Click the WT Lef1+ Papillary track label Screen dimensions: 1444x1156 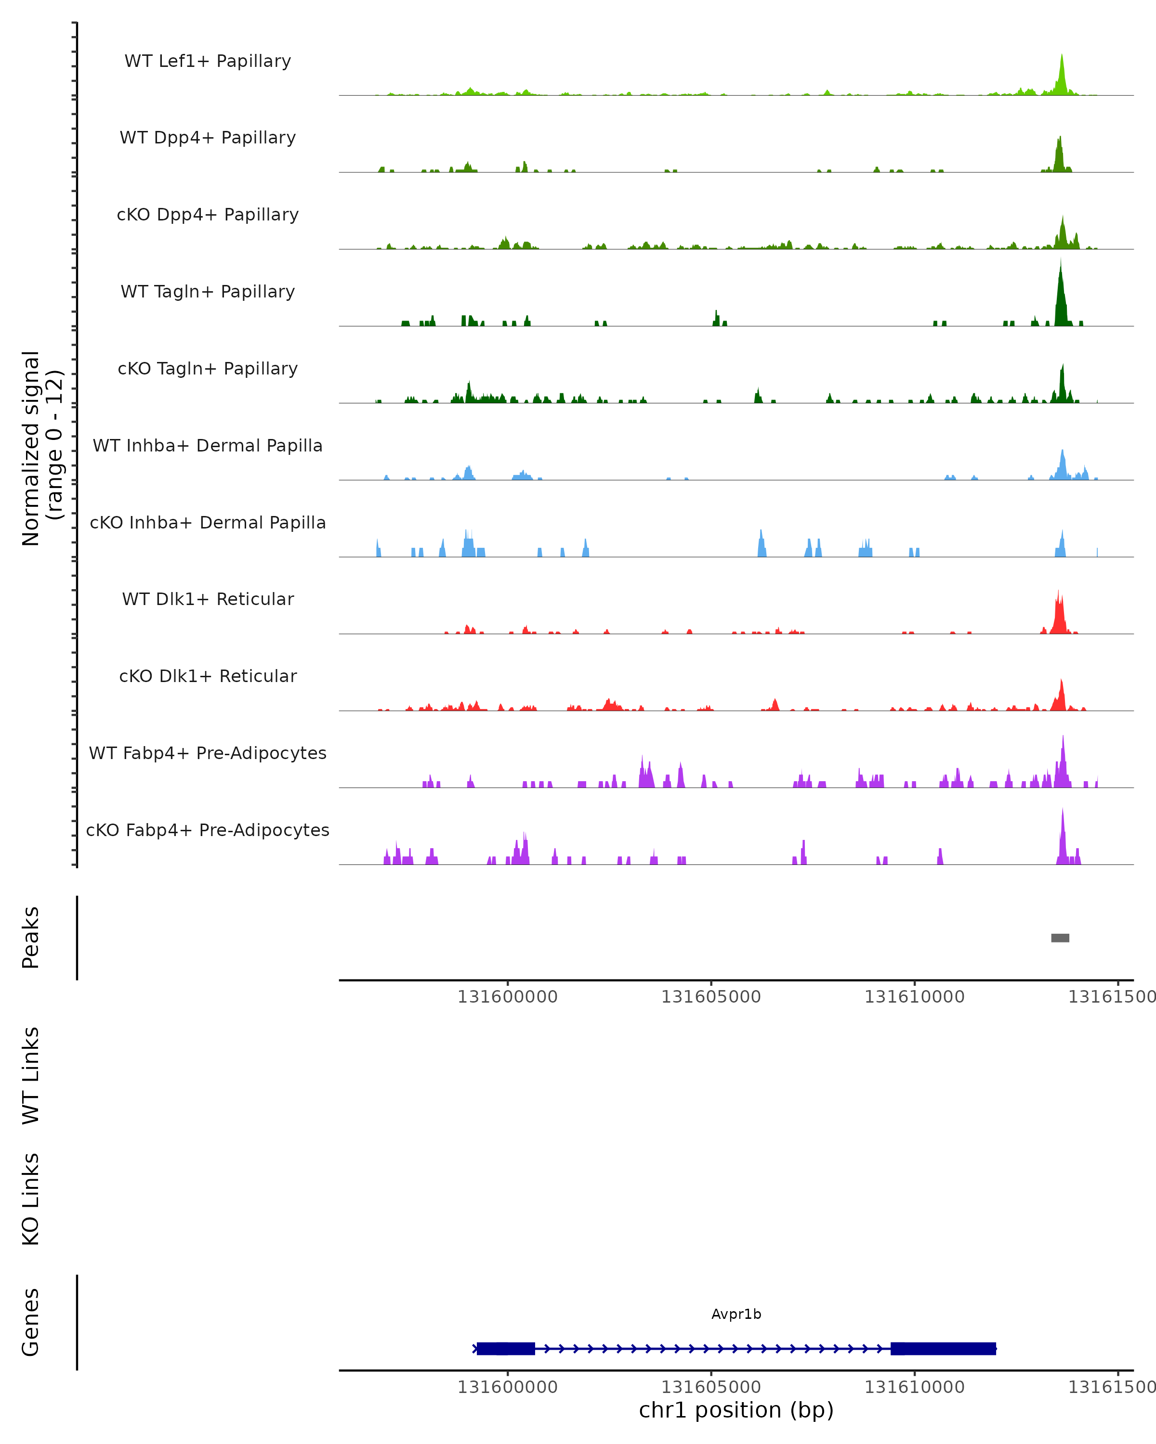click(x=208, y=61)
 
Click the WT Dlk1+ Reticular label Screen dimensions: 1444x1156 click(x=208, y=599)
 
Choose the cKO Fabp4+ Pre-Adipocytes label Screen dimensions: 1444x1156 click(x=208, y=830)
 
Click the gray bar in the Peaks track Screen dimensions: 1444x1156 click(x=1060, y=938)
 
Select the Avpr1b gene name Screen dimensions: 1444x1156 click(x=736, y=1314)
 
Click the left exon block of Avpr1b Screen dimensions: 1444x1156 click(x=505, y=1348)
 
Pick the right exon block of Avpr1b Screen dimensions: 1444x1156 click(x=943, y=1348)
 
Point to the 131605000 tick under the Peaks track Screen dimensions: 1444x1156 click(x=711, y=997)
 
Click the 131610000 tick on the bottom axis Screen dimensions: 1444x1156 click(x=914, y=1387)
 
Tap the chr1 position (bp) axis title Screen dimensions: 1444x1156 click(x=736, y=1410)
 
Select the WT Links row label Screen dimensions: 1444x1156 click(x=31, y=1076)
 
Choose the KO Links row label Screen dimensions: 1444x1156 click(x=31, y=1199)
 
